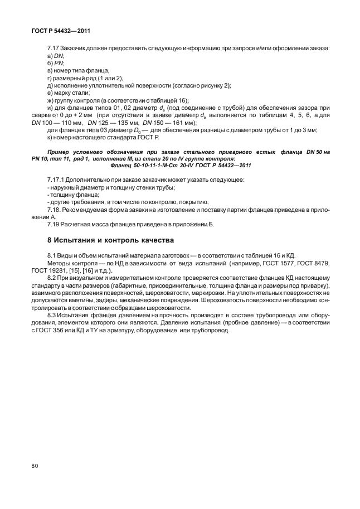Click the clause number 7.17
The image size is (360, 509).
[55, 49]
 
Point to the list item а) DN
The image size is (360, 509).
[56, 56]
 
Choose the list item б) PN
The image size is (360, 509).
[56, 64]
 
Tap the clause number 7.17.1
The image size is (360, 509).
[58, 180]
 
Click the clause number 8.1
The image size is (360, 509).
[53, 254]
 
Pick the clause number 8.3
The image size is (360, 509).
[53, 315]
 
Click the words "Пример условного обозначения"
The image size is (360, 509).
[91, 152]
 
